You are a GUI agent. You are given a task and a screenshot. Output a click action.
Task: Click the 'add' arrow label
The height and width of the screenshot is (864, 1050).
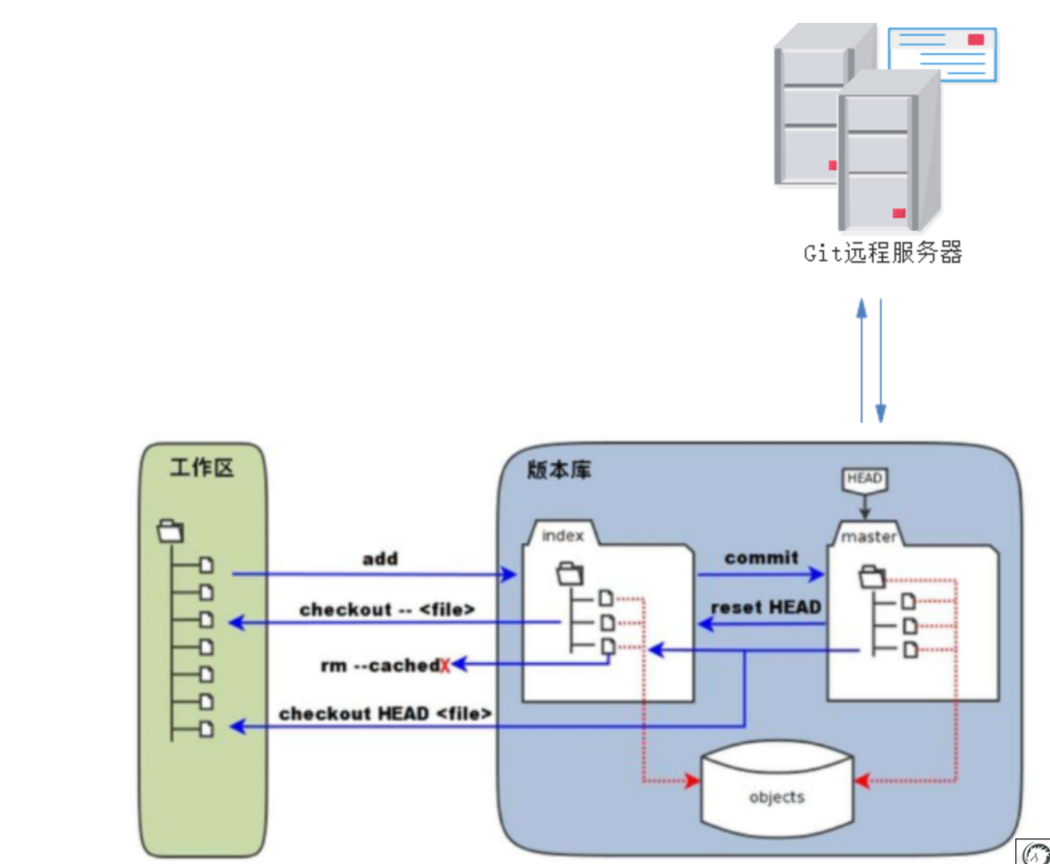pyautogui.click(x=380, y=559)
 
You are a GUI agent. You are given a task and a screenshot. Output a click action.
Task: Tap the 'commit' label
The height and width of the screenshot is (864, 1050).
pyautogui.click(x=761, y=558)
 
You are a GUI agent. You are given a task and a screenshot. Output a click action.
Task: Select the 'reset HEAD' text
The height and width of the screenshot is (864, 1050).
pyautogui.click(x=765, y=607)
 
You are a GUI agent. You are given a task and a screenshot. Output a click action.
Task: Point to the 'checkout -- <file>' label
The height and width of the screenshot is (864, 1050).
pyautogui.click(x=387, y=609)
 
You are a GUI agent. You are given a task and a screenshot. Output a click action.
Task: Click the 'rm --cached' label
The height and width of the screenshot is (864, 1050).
pyautogui.click(x=379, y=666)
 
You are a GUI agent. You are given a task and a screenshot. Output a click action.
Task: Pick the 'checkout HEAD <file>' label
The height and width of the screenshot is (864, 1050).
pyautogui.click(x=385, y=713)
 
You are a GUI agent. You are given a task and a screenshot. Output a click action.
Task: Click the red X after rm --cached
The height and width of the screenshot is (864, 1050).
pyautogui.click(x=446, y=666)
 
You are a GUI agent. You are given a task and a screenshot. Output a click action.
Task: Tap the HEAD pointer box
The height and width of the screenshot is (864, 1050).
pyautogui.click(x=864, y=479)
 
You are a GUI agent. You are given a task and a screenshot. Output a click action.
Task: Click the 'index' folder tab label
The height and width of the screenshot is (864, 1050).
pyautogui.click(x=562, y=535)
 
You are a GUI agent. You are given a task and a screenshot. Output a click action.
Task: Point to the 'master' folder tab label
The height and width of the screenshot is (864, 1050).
pyautogui.click(x=868, y=536)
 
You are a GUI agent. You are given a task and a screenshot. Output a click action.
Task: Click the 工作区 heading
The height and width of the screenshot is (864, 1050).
pyautogui.click(x=203, y=469)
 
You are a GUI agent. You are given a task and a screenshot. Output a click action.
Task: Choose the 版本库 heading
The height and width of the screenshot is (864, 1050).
pyautogui.click(x=560, y=470)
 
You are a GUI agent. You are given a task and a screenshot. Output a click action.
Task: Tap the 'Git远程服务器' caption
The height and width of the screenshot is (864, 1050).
pyautogui.click(x=883, y=253)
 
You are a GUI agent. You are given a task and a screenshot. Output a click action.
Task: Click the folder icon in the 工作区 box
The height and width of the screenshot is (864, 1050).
pyautogui.click(x=172, y=530)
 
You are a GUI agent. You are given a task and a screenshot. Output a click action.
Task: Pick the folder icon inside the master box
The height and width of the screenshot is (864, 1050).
pyautogui.click(x=873, y=575)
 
